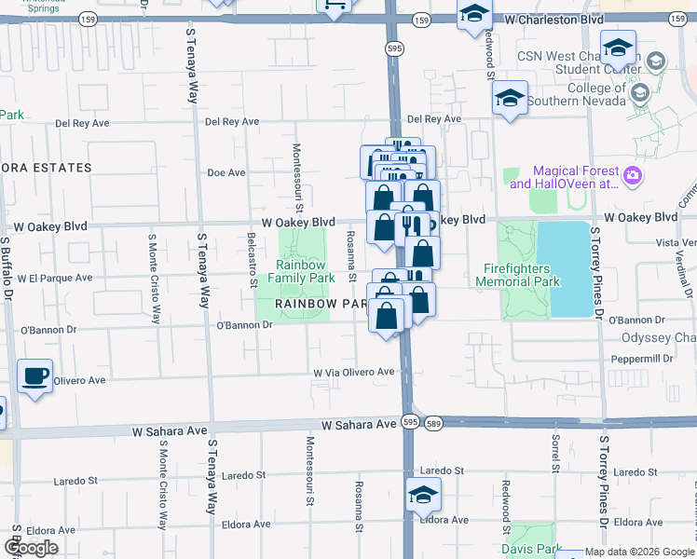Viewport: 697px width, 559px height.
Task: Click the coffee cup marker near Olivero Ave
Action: pos(35,375)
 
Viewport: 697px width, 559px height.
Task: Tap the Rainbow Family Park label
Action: pos(302,271)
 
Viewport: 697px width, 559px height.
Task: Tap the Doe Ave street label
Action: pos(225,172)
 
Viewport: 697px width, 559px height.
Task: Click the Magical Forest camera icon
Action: pos(633,175)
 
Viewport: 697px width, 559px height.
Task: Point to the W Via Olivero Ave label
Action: pos(354,372)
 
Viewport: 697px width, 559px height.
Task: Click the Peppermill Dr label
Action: pos(642,359)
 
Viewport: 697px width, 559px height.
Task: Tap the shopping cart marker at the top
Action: pos(335,6)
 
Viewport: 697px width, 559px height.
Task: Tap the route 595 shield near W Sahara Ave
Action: pos(409,422)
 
